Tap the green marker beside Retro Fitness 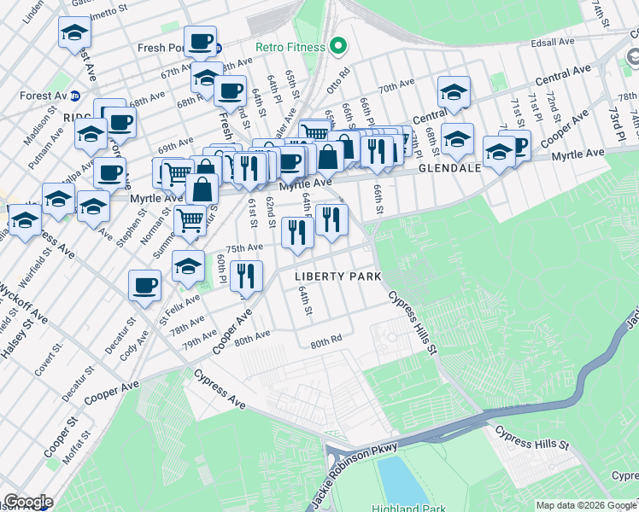(338, 45)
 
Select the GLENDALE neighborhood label (452, 169)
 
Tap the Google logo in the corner (27, 502)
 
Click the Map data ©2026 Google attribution (585, 505)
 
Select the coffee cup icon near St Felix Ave (145, 285)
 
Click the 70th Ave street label (396, 87)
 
